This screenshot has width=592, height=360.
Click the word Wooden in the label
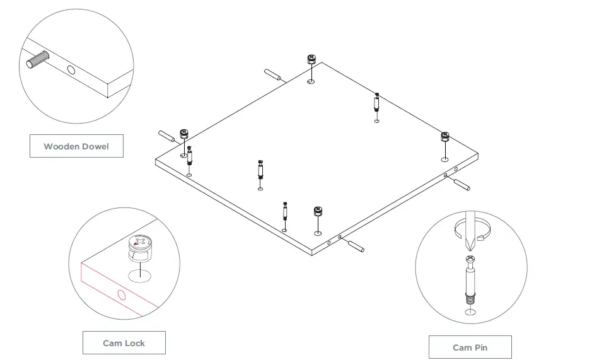[x=61, y=146]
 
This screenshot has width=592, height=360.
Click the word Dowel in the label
[x=94, y=146]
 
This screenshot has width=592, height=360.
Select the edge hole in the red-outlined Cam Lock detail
[x=121, y=295]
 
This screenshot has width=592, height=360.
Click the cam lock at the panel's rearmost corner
[x=311, y=60]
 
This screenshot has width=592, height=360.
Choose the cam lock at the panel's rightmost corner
[x=444, y=136]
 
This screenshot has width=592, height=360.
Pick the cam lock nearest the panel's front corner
[x=318, y=211]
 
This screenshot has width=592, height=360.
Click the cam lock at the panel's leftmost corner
[x=184, y=134]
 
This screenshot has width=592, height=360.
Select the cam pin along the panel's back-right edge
[x=376, y=103]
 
